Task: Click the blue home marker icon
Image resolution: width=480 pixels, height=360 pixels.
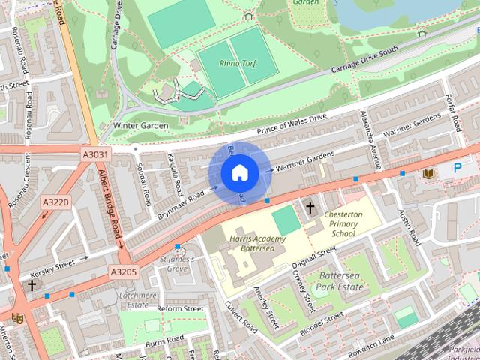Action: pyautogui.click(x=238, y=173)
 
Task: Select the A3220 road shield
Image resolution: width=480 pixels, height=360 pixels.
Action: pyautogui.click(x=55, y=202)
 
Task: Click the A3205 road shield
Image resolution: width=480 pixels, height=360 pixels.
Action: pyautogui.click(x=124, y=271)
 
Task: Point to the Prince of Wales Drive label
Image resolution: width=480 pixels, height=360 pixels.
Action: pyautogui.click(x=292, y=124)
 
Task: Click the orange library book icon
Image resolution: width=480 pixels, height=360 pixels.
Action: pyautogui.click(x=428, y=174)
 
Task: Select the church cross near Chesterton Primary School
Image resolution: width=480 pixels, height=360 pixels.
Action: pyautogui.click(x=309, y=206)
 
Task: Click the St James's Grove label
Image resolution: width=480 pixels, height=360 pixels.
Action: pyautogui.click(x=178, y=263)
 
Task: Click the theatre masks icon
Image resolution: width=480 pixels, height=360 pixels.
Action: pyautogui.click(x=17, y=318)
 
